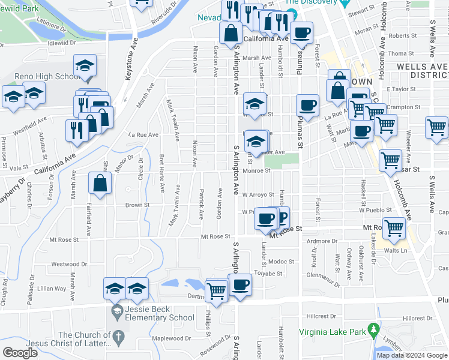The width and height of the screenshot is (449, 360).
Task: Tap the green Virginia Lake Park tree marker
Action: tap(373, 329)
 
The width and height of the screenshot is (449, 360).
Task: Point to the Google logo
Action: tap(20, 353)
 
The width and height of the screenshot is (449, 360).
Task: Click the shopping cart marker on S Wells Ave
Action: tap(436, 128)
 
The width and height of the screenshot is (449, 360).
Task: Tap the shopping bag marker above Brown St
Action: tap(100, 184)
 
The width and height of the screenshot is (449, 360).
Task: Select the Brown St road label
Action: tap(137, 205)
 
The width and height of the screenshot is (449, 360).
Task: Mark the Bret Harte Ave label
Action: tap(161, 173)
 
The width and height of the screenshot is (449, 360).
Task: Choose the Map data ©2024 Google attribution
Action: tap(412, 355)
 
